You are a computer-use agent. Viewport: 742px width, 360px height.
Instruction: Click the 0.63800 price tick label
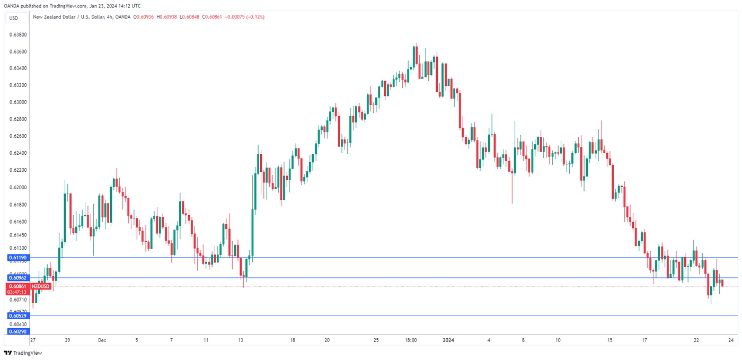click(18, 34)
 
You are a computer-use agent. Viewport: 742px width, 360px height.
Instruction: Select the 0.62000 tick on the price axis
click(18, 187)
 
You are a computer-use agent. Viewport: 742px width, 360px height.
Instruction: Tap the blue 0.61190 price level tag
click(17, 258)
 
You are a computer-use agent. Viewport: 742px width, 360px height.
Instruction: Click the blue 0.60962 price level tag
click(17, 278)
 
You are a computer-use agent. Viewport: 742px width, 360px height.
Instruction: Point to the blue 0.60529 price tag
click(17, 316)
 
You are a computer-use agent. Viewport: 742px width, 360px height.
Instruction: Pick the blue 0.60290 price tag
click(17, 331)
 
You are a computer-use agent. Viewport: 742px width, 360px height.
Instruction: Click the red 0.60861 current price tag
click(17, 286)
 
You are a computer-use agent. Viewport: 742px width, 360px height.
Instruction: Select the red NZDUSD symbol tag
click(41, 286)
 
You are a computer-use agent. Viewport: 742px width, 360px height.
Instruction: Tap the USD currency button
click(13, 18)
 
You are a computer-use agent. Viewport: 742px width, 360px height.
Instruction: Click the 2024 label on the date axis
click(449, 340)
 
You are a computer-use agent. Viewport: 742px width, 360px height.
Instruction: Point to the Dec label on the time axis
click(102, 340)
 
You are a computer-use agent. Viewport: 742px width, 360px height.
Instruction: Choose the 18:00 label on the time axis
click(410, 340)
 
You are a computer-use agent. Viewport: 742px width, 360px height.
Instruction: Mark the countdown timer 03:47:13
click(17, 292)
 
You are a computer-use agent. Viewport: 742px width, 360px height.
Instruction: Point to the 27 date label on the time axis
click(33, 340)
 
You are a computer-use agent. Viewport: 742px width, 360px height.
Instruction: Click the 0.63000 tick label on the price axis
click(18, 102)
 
